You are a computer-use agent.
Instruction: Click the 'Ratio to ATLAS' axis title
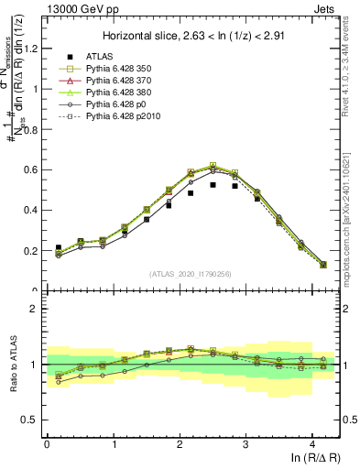12,364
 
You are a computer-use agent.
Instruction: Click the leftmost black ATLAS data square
59,248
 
